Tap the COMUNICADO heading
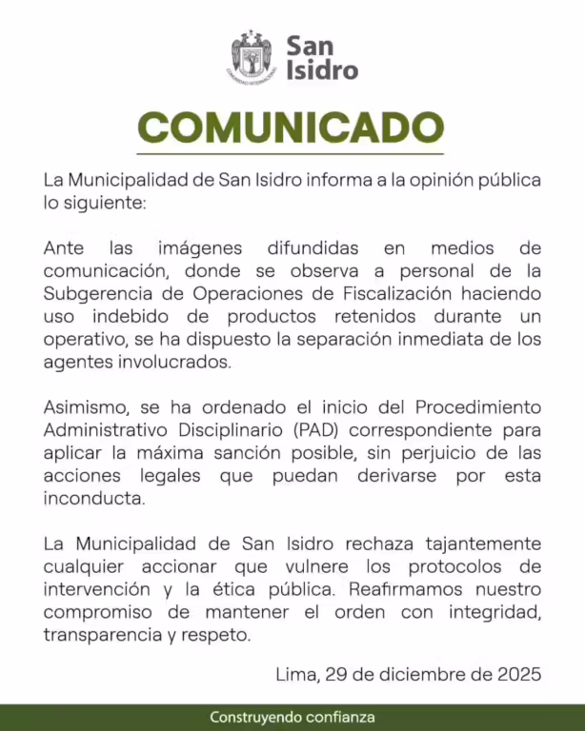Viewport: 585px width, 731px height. click(292, 128)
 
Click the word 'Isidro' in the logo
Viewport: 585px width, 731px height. click(322, 70)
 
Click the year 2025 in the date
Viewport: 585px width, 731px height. click(519, 675)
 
